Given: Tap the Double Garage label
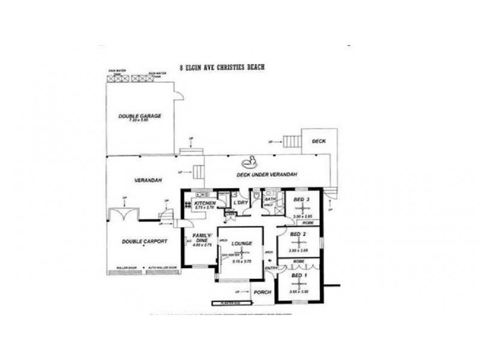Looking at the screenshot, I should (139, 116).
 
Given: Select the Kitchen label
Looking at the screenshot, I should (205, 203).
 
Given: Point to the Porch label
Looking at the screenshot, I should (262, 292).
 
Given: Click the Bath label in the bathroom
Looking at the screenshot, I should (270, 199).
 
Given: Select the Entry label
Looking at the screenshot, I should (271, 268).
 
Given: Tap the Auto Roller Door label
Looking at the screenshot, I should (164, 268).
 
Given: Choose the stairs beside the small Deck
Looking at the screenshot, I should (292, 142).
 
